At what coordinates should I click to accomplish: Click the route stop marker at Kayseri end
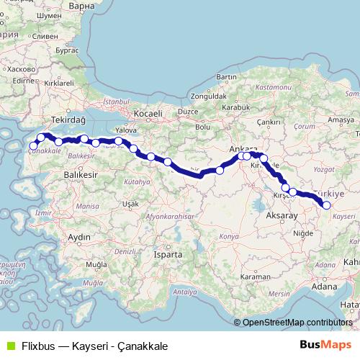tap(327, 205)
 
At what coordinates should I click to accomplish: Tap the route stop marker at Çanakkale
tap(33, 146)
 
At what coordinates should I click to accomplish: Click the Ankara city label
tap(243, 149)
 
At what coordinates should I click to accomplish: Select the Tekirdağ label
tap(70, 120)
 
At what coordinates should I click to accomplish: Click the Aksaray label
tap(282, 215)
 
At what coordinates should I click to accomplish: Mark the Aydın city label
tap(78, 237)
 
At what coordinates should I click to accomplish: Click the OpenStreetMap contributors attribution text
tap(297, 323)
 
